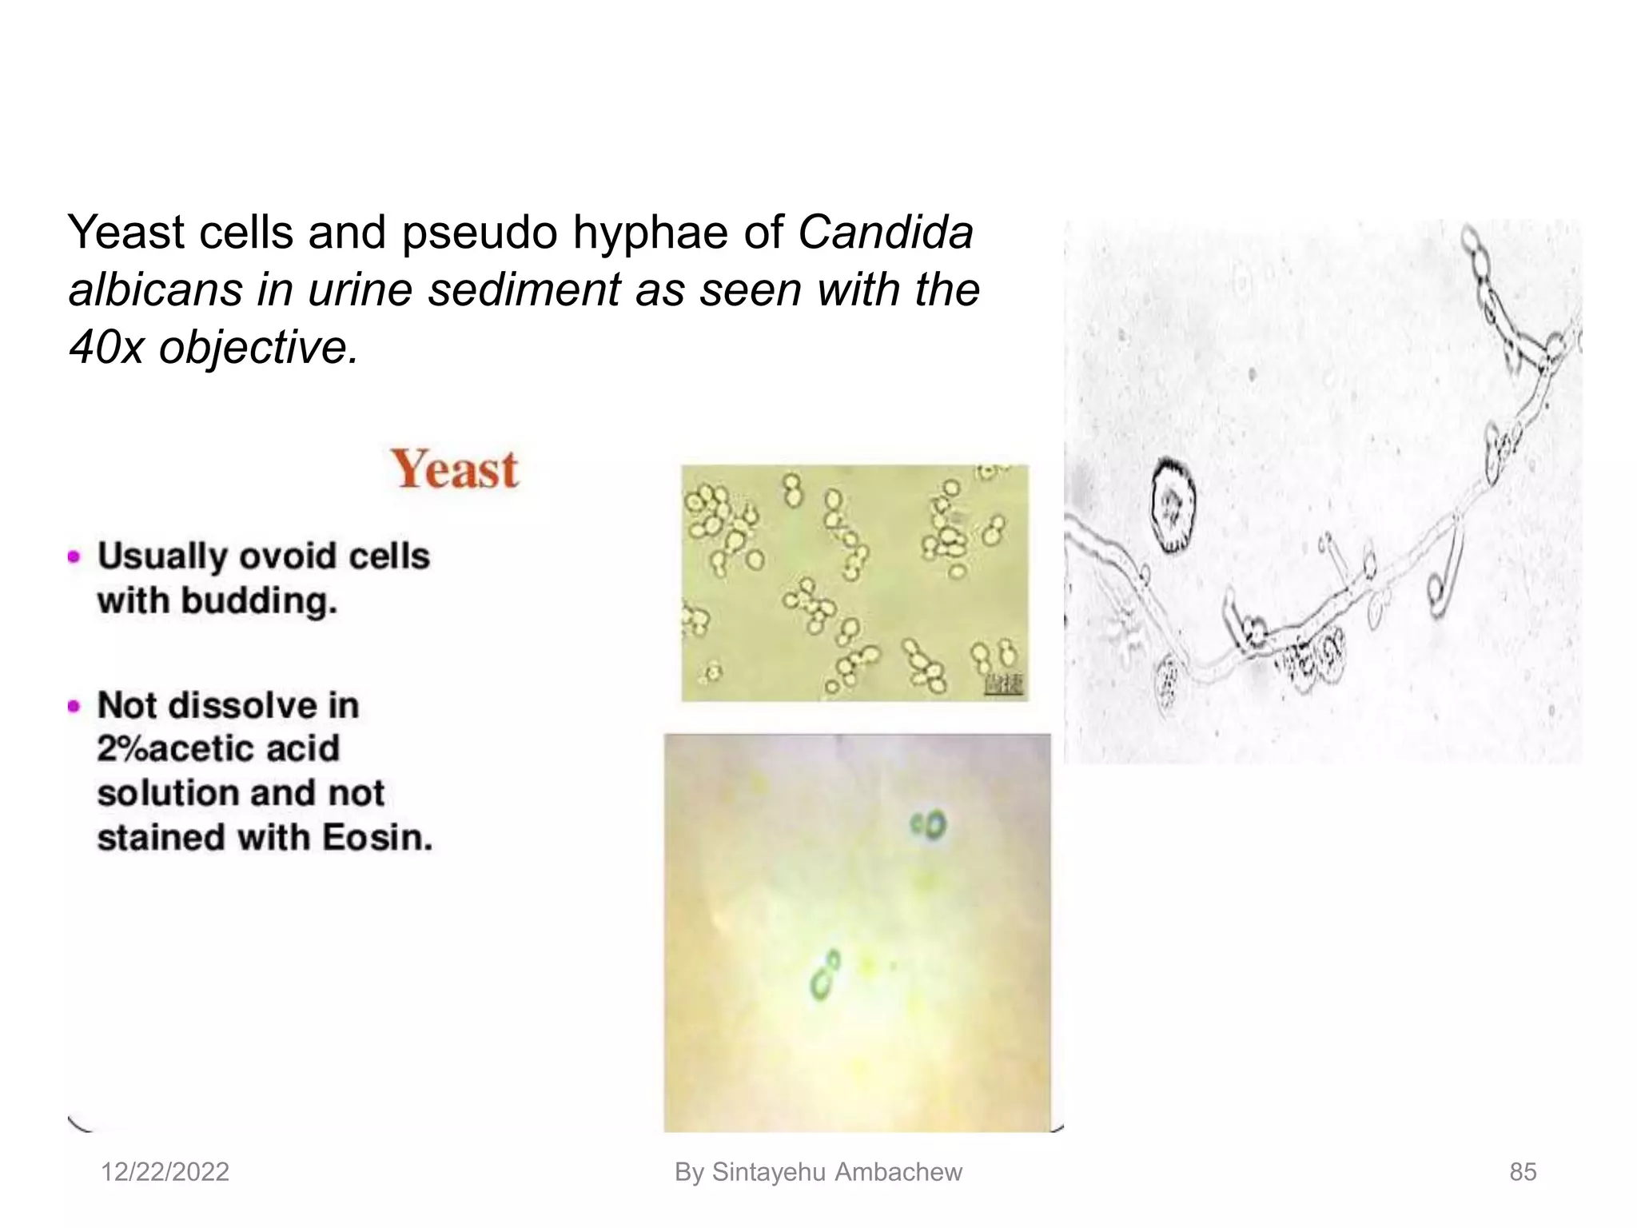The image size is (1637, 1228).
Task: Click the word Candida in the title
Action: pyautogui.click(x=886, y=233)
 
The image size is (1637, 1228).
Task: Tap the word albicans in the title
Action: pyautogui.click(x=155, y=289)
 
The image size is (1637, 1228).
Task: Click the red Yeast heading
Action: pyautogui.click(x=454, y=469)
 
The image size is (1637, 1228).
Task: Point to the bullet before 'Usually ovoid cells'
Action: pyautogui.click(x=75, y=556)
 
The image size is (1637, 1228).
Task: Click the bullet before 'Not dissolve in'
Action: pyautogui.click(x=75, y=706)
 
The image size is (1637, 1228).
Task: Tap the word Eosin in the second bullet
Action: pyautogui.click(x=376, y=838)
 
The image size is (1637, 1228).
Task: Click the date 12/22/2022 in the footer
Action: pyautogui.click(x=165, y=1172)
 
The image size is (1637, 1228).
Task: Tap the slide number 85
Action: pyautogui.click(x=1523, y=1172)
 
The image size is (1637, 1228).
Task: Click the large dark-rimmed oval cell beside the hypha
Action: pyautogui.click(x=1173, y=505)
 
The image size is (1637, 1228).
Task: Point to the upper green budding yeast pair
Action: pyautogui.click(x=929, y=826)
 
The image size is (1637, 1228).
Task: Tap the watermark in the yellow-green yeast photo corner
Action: pyautogui.click(x=1004, y=684)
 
